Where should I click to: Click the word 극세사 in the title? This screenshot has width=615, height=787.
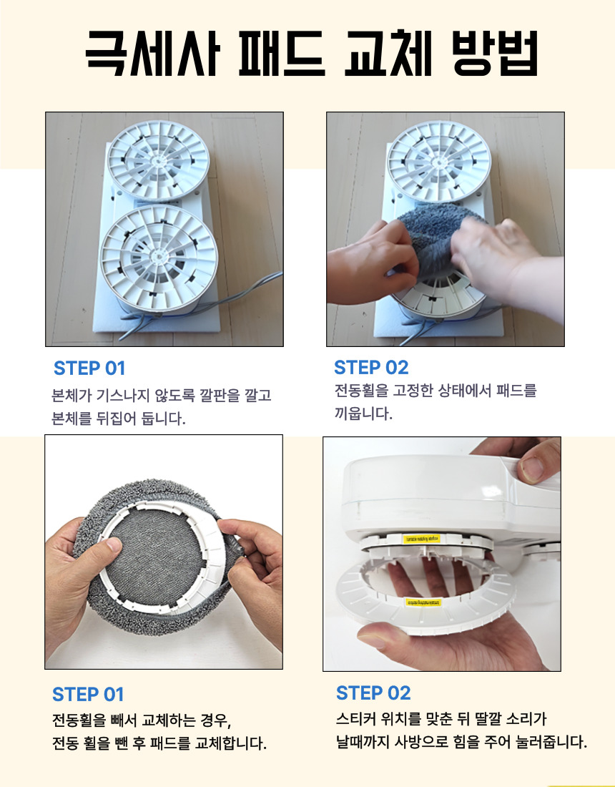(153, 53)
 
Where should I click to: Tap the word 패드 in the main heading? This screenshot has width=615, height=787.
(282, 53)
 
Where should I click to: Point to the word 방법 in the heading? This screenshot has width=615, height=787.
(495, 53)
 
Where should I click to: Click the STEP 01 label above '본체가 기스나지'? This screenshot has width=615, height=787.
(89, 368)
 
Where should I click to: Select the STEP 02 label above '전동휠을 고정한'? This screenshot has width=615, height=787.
(371, 368)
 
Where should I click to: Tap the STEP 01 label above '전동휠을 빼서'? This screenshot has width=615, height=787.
(88, 695)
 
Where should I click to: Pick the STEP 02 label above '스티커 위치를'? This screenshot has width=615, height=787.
(373, 693)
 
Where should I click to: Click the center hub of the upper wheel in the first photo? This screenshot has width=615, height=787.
(158, 161)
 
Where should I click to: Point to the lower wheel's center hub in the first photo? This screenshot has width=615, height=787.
(159, 256)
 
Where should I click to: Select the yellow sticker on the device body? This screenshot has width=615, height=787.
(421, 539)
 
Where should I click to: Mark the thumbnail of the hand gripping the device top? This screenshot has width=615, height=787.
(531, 469)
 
